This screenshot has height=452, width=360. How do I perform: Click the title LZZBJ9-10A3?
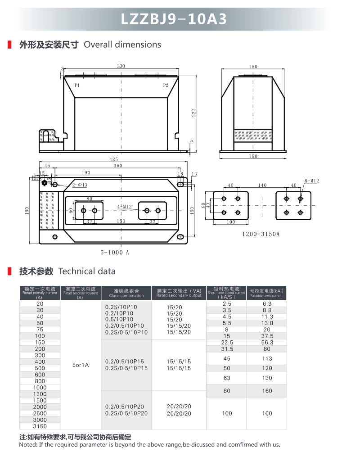(174, 19)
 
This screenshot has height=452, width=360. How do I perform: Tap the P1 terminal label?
(77, 85)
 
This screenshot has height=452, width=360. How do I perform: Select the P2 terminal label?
(166, 85)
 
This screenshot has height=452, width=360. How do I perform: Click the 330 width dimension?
(121, 66)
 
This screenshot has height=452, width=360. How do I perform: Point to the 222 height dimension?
(193, 113)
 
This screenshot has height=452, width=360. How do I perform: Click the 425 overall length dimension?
(113, 159)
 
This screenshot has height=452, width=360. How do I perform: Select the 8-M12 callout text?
(311, 181)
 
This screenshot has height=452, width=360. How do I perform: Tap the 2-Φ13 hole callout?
(79, 185)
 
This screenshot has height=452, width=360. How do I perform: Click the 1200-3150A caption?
(261, 234)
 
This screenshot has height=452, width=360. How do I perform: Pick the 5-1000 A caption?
(115, 253)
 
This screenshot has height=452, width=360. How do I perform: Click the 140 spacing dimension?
(262, 185)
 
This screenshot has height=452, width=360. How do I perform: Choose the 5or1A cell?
(81, 365)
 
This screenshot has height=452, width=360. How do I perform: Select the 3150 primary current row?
(40, 426)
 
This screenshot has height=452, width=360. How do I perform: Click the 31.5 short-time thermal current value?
(227, 349)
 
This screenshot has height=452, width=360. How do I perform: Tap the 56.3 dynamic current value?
(267, 343)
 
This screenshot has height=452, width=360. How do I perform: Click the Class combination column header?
(126, 293)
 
